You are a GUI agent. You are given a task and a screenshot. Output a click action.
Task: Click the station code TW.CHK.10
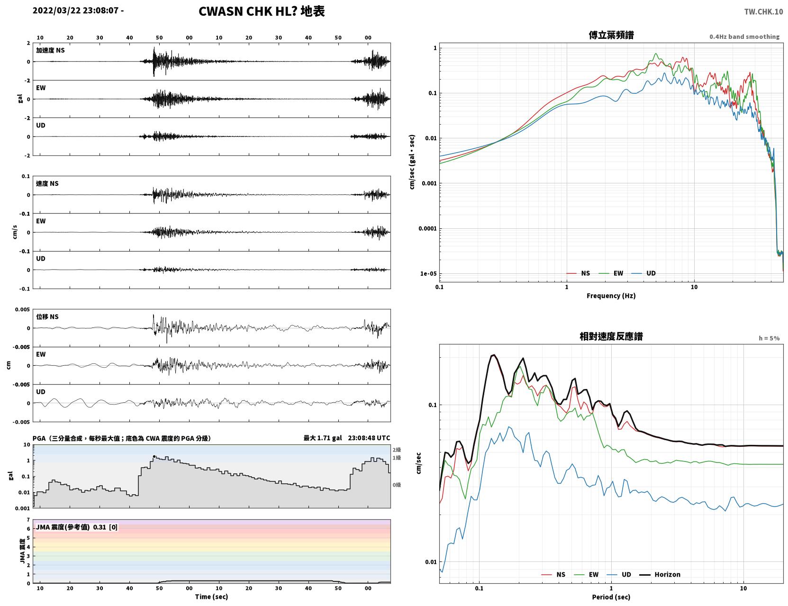pos(763,12)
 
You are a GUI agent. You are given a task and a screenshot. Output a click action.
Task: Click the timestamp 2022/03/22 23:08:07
pos(75,10)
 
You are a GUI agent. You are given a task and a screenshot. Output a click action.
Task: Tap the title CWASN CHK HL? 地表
pos(262,11)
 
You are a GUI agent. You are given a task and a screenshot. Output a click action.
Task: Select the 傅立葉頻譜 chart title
pos(611,35)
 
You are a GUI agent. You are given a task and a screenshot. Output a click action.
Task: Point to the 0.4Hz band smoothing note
pos(744,36)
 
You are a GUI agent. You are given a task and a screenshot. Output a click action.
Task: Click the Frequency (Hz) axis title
pos(611,296)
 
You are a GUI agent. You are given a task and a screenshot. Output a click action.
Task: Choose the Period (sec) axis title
pos(611,597)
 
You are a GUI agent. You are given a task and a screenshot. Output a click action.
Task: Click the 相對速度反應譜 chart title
pos(611,336)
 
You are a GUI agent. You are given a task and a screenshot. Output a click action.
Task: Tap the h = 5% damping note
pos(769,338)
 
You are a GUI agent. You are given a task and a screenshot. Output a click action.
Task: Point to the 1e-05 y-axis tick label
pos(428,274)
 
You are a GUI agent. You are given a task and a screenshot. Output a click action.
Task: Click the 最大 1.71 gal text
pos(322,438)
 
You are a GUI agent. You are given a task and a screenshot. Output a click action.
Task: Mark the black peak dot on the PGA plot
pos(154,457)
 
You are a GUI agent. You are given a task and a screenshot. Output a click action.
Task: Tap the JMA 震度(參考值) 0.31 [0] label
pos(76,527)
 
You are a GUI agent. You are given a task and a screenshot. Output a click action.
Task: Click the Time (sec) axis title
pos(211,597)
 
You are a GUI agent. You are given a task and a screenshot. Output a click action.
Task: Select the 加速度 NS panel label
pos(50,50)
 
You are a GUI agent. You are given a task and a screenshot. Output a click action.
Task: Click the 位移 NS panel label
pos(47,317)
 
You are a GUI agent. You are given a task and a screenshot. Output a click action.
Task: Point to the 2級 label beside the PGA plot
pos(397,450)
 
